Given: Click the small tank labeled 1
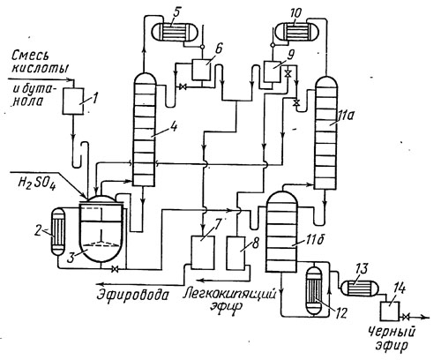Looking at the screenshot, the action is [x=73, y=101].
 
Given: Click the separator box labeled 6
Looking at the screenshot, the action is [x=201, y=70].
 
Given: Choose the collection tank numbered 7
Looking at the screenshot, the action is [x=202, y=252].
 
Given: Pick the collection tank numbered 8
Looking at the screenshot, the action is [x=238, y=252].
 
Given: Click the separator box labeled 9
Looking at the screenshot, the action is [x=273, y=71].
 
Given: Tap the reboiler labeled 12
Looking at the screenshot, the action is [x=314, y=290].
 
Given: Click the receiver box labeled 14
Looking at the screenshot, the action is [x=390, y=311].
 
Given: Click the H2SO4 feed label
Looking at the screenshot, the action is [x=37, y=184].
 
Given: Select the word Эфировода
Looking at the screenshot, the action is [x=134, y=294].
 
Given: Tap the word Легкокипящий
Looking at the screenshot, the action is [x=229, y=294].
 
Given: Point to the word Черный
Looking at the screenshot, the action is [x=392, y=333].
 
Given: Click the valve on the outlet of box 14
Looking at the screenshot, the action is [x=407, y=317].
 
